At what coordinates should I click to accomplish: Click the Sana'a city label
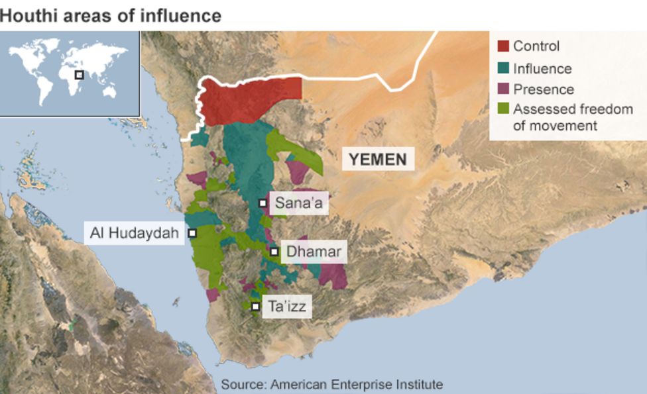(298, 203)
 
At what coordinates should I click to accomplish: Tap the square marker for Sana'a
(263, 203)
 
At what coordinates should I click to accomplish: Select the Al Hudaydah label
(135, 233)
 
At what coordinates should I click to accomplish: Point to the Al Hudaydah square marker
(192, 233)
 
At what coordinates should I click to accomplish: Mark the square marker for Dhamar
(274, 252)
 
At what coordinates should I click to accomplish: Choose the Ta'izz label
(286, 307)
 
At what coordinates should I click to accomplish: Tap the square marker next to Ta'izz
(255, 307)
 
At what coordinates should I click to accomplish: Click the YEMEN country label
(378, 159)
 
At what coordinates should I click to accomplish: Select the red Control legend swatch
(503, 46)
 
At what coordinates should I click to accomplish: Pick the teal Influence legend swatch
(503, 68)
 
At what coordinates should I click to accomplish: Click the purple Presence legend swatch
(503, 89)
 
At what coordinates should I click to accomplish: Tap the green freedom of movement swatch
(503, 109)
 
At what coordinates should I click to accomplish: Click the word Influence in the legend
(542, 68)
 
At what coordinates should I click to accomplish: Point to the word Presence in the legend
(544, 89)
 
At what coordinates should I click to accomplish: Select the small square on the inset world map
(79, 75)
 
